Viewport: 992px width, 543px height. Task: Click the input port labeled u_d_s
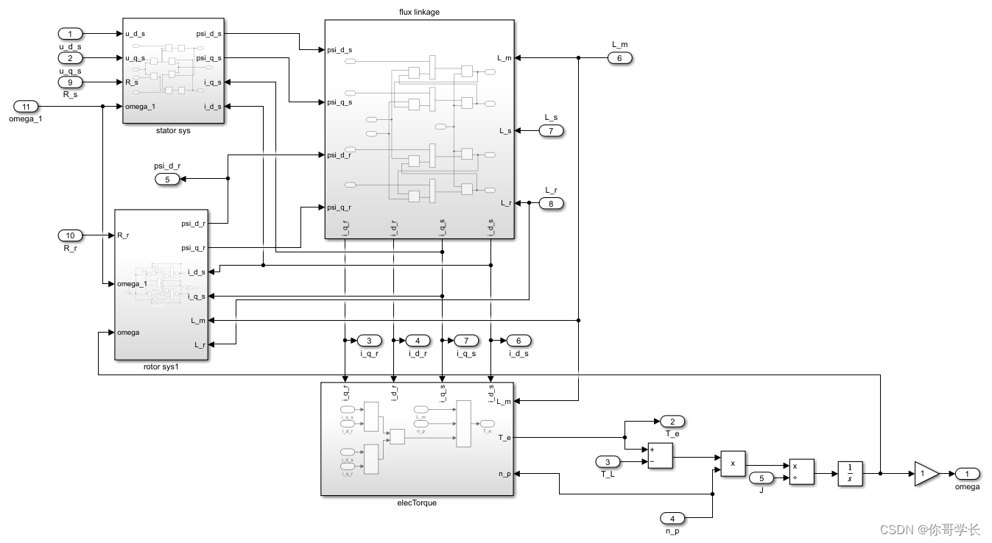coord(71,34)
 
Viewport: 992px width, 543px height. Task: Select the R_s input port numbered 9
coord(71,82)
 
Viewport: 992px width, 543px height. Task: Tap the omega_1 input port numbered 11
coord(27,107)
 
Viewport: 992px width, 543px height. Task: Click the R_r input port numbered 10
coord(71,235)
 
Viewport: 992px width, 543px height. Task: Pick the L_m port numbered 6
coord(619,58)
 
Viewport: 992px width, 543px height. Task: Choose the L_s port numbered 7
coord(551,131)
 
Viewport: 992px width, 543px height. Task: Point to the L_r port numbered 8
coord(551,203)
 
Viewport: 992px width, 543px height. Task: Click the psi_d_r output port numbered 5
coord(167,179)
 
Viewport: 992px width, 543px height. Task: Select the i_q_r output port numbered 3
coord(369,341)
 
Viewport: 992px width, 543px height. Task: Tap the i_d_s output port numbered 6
coord(518,341)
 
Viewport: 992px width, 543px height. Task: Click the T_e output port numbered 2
coord(672,422)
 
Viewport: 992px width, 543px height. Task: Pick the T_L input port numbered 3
coord(608,461)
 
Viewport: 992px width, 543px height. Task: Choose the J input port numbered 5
coord(762,479)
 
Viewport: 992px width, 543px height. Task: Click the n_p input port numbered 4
coord(672,517)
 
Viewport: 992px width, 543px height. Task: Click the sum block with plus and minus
coord(660,455)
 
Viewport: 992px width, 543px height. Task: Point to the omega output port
coord(968,474)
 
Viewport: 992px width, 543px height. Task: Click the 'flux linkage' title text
coord(419,12)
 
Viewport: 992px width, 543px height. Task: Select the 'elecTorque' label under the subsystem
coord(417,503)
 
